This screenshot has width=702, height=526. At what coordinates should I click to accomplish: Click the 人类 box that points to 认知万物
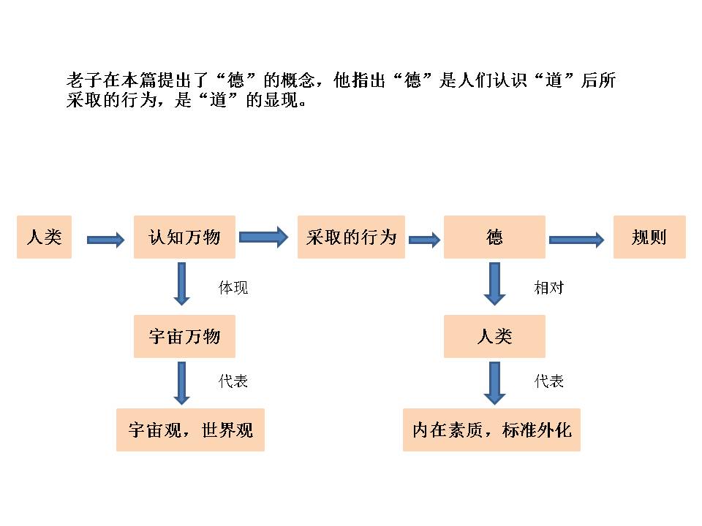tap(45, 237)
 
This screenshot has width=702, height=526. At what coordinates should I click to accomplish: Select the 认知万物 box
tap(184, 237)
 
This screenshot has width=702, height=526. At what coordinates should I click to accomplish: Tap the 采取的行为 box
tap(351, 237)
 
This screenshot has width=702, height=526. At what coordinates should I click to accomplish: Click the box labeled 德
tap(494, 237)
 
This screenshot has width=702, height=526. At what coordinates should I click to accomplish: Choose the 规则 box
tap(649, 237)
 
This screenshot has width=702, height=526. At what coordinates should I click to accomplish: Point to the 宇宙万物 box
tap(184, 336)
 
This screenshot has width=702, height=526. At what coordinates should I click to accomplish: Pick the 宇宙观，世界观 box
tap(190, 430)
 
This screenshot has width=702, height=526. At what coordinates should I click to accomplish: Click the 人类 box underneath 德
tap(494, 336)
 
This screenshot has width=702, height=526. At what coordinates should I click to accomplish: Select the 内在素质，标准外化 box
tap(491, 430)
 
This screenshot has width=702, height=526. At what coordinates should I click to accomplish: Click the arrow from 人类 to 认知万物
tap(106, 240)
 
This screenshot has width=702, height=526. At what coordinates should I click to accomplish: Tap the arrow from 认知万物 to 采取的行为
tap(264, 236)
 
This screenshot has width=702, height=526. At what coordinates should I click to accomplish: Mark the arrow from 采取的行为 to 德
tap(424, 240)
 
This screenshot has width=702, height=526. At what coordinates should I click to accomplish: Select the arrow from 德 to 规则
tap(576, 240)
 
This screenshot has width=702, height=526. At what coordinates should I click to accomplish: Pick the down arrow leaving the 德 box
tap(495, 283)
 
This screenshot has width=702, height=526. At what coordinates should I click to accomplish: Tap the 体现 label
tap(233, 288)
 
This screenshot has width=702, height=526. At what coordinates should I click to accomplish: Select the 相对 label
tap(549, 288)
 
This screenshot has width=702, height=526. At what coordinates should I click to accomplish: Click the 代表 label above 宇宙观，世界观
tap(233, 381)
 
